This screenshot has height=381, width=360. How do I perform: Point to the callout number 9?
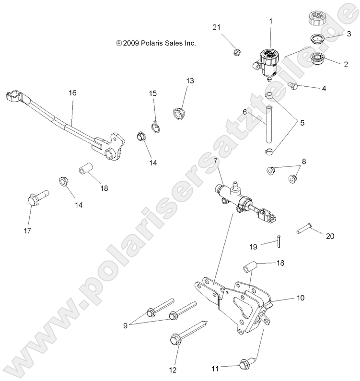point(126,325)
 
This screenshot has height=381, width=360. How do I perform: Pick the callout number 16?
point(72,92)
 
